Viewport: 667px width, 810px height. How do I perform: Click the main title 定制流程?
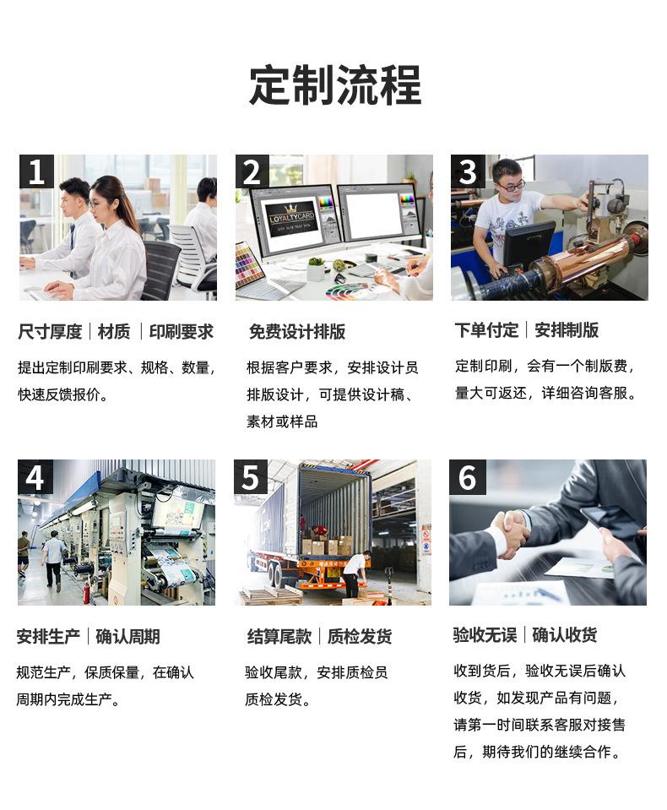point(335,85)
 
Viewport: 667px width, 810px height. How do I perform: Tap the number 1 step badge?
point(36,171)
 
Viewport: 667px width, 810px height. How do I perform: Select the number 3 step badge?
point(468,171)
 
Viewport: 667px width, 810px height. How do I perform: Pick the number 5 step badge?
point(251,477)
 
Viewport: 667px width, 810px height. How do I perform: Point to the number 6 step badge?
point(467,477)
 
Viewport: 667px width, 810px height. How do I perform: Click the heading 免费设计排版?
point(297,332)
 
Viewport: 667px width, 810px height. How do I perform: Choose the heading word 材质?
point(114,332)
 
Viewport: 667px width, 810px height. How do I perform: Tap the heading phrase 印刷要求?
point(182,332)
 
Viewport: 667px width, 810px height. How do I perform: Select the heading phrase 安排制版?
point(567,330)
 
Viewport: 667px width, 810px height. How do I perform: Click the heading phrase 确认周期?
point(127,637)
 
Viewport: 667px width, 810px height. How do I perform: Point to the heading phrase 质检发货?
point(360,637)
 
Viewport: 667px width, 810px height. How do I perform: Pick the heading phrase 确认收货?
point(564,635)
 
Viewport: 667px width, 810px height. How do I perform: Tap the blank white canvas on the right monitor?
point(373,216)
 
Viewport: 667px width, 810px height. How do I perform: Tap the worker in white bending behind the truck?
point(355,574)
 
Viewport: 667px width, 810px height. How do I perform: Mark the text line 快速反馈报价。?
point(63,394)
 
